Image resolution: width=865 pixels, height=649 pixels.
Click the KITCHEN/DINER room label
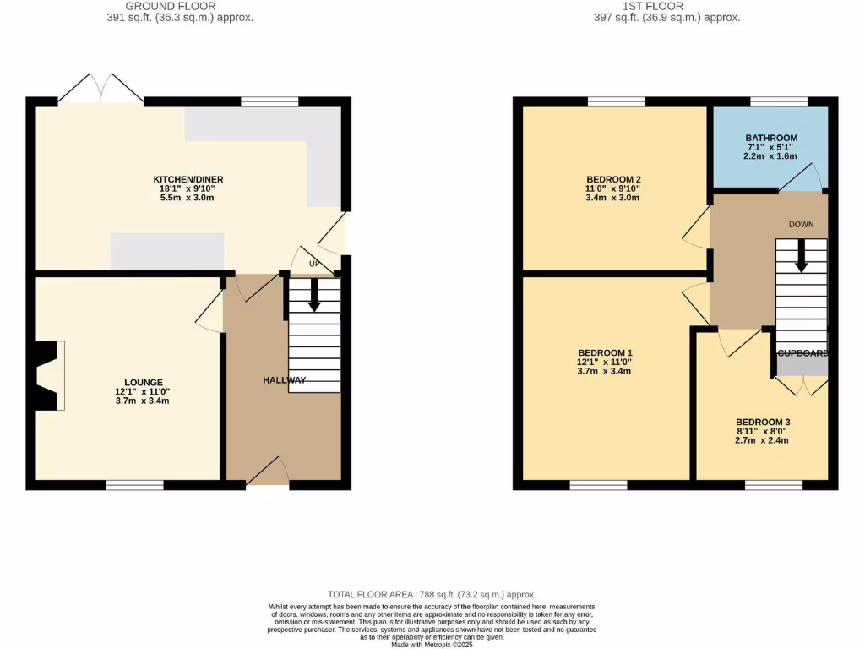point(188,179)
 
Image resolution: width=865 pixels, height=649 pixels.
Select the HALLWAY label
point(284,380)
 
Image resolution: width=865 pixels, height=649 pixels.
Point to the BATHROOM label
point(770,138)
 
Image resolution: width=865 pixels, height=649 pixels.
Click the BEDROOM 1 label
point(605,352)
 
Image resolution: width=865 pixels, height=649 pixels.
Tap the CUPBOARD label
point(802,353)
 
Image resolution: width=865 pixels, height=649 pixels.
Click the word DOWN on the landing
point(801,225)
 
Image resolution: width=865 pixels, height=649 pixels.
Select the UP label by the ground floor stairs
point(314,265)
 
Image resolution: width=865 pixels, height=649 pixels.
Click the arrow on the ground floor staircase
point(314,295)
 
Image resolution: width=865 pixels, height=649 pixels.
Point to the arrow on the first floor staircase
point(801,255)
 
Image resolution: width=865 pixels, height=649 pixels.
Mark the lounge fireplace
point(50,376)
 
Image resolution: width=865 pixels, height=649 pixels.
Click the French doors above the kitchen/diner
point(101,90)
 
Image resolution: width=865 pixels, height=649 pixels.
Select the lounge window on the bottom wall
point(134,485)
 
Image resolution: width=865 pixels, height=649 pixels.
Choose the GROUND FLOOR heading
point(171,6)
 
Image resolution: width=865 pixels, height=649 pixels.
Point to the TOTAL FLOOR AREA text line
point(432,595)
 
